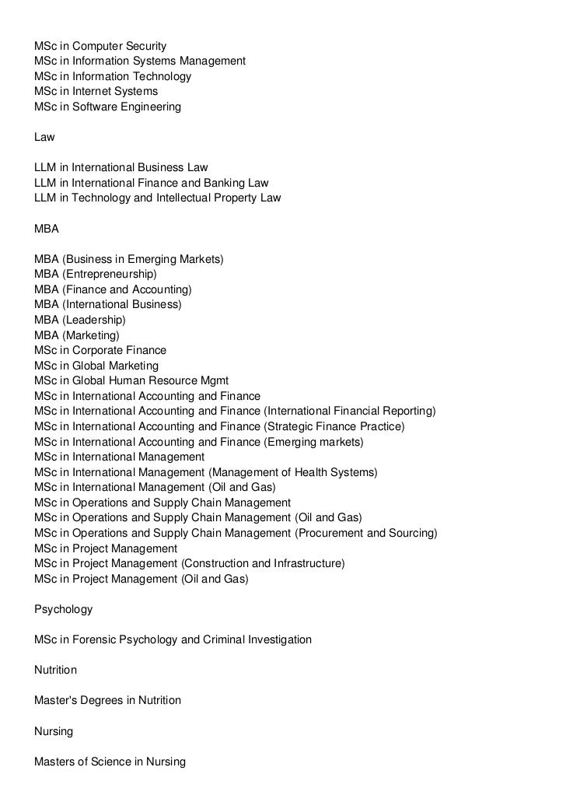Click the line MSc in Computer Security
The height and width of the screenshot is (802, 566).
click(100, 46)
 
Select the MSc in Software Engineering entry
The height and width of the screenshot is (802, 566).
click(107, 107)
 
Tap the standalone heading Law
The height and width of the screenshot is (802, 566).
click(44, 137)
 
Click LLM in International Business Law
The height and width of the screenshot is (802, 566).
click(121, 167)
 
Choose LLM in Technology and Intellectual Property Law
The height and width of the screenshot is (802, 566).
click(158, 198)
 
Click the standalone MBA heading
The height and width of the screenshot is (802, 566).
click(47, 229)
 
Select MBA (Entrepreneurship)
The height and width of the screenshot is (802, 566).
click(96, 274)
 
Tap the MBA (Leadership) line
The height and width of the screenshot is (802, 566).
click(80, 320)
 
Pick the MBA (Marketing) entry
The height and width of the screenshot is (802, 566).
click(77, 335)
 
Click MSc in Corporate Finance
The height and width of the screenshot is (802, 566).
click(100, 350)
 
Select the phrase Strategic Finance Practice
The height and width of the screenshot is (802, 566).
click(335, 426)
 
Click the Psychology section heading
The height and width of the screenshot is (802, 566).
click(63, 609)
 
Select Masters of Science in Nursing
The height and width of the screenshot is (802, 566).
click(110, 762)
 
